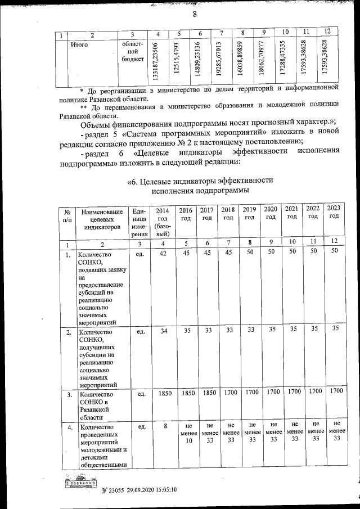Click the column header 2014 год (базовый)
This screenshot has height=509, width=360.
point(162,221)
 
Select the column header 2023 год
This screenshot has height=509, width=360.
point(334,212)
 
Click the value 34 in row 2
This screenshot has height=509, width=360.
point(164,331)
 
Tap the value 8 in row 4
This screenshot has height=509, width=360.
point(165,426)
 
